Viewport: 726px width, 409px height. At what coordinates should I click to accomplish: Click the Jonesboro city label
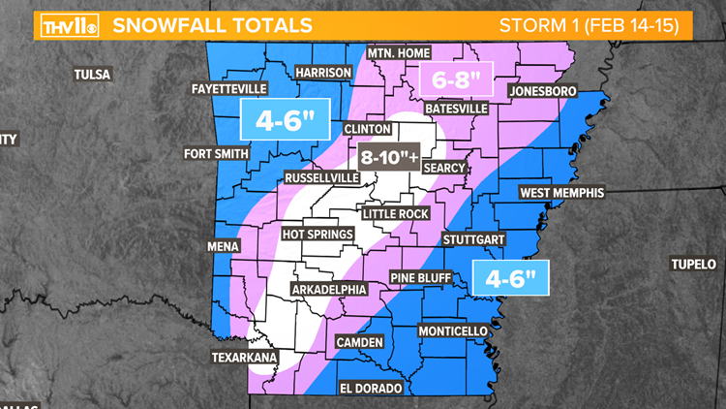click(x=542, y=91)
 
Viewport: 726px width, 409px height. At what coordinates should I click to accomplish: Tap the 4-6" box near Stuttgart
click(x=510, y=279)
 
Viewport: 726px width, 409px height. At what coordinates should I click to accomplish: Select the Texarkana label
click(x=245, y=358)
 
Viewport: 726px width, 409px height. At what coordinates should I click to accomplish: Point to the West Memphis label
click(x=561, y=193)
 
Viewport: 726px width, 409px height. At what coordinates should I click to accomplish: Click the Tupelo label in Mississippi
click(x=695, y=265)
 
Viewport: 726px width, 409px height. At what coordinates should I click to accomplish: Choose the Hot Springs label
click(x=317, y=235)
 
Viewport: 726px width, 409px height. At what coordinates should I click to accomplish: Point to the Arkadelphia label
click(x=329, y=289)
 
